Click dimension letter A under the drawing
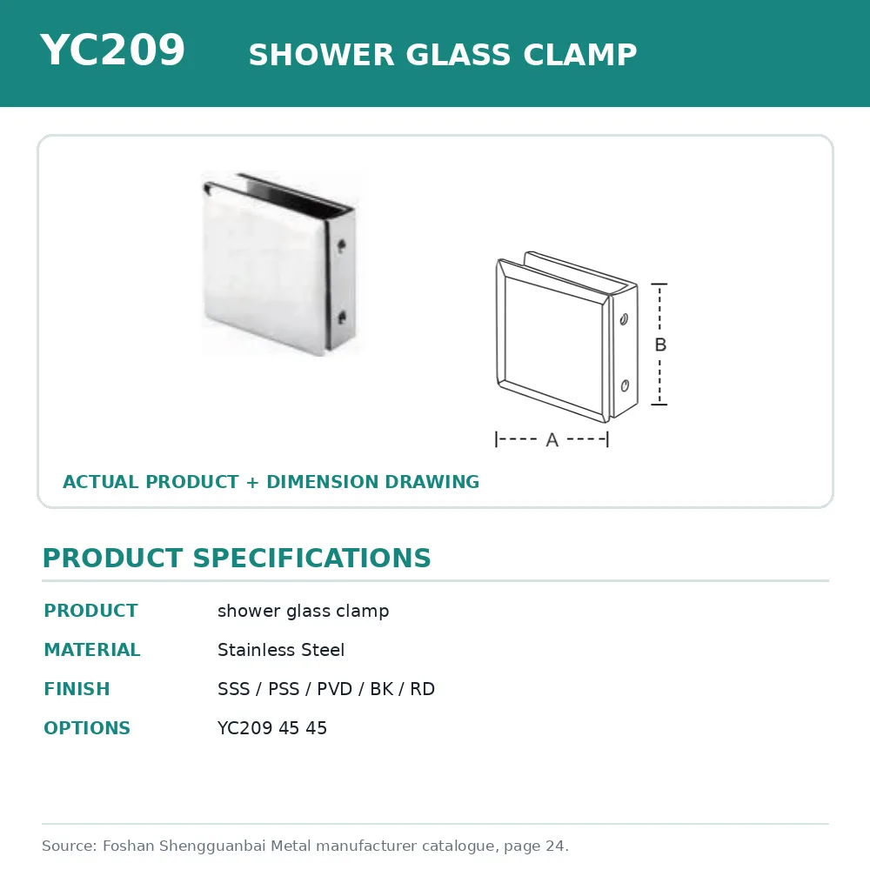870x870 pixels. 552,440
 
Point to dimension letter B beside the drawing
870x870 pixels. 660,345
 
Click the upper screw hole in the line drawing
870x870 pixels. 624,319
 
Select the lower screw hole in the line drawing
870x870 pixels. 625,385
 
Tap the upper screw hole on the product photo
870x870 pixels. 341,244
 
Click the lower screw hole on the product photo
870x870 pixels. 342,318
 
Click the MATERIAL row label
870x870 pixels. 92,650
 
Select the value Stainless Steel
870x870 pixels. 281,650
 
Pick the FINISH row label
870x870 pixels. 77,688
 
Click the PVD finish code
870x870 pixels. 334,688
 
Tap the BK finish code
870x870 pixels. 382,688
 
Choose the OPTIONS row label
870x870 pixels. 87,728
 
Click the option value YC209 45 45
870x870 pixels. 271,728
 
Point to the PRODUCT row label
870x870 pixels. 91,611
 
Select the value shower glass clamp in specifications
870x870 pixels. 303,611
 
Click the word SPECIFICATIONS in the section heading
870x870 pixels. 311,558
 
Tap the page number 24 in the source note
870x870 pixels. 555,846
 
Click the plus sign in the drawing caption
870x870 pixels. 252,482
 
